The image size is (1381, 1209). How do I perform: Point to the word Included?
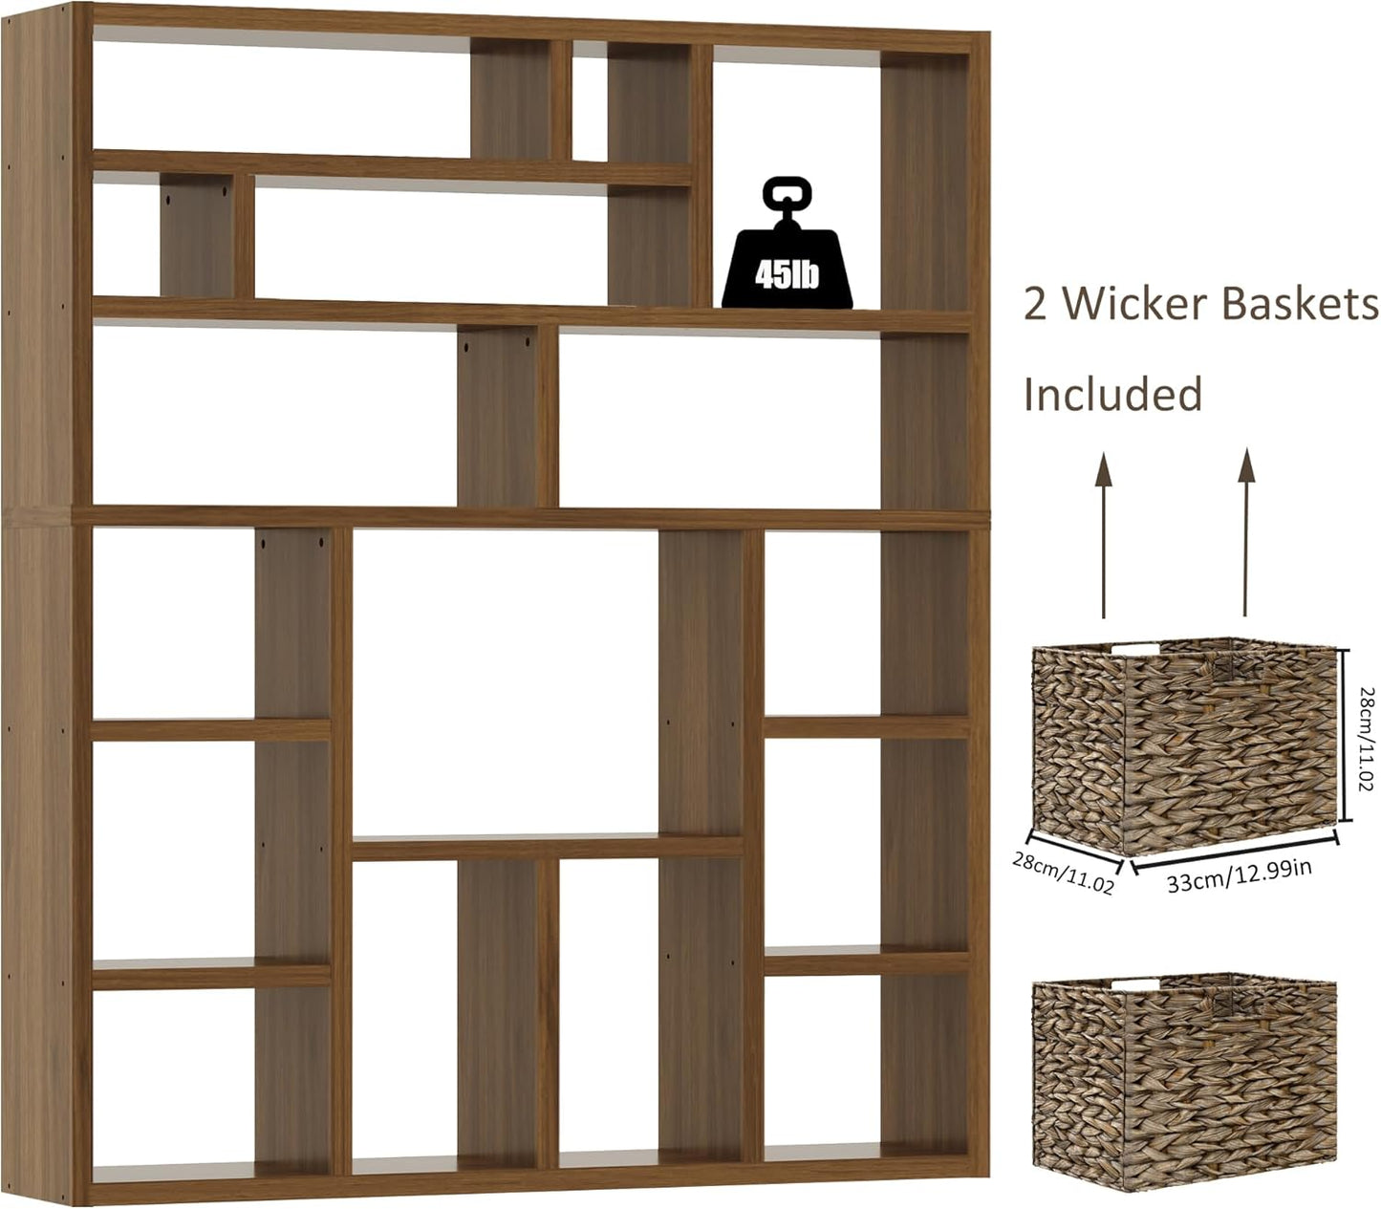(1112, 394)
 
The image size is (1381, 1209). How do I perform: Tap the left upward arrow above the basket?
(1104, 535)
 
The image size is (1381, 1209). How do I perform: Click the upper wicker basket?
(1183, 745)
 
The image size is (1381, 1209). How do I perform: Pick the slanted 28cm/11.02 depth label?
(1063, 873)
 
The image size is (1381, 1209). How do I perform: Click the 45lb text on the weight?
(787, 276)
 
